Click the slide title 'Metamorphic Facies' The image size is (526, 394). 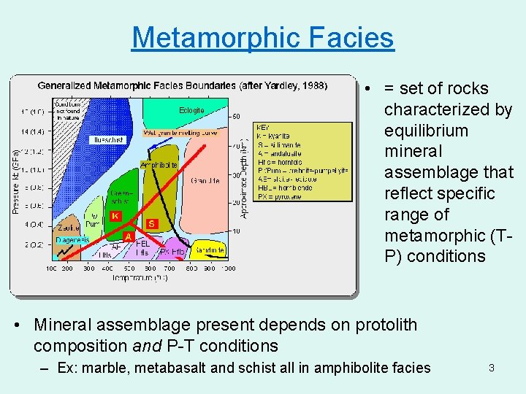tap(262, 37)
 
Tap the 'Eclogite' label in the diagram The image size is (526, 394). tap(191, 111)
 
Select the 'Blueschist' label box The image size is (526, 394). tap(108, 139)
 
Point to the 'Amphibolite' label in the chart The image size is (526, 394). tap(159, 165)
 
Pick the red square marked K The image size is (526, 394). tap(115, 216)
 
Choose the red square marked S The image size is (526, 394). tap(152, 223)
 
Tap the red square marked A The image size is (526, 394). tap(127, 237)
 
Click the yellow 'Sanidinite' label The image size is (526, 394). tap(209, 250)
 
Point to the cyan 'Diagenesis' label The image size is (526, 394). tap(72, 240)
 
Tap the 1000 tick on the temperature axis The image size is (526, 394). tap(229, 269)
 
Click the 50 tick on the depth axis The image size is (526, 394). tap(236, 117)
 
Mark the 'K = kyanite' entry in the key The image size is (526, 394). tap(273, 136)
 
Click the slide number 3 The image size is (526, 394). tap(491, 368)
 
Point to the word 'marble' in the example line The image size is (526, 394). tap(106, 368)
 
